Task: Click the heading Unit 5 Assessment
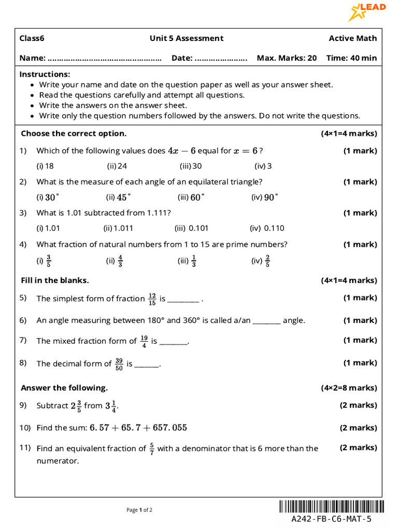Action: tap(187, 38)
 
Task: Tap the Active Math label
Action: tap(353, 38)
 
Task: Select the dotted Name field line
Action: tap(104, 58)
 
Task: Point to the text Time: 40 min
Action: tap(351, 58)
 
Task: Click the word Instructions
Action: tap(45, 74)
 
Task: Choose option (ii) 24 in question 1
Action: tap(117, 166)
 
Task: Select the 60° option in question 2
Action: tap(191, 197)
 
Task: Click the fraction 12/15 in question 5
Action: tap(152, 299)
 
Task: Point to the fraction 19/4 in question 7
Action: tap(144, 341)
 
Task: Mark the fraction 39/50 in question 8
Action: tap(119, 364)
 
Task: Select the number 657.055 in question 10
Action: tap(168, 428)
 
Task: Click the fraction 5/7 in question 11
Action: tap(152, 449)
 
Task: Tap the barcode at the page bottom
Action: tap(332, 507)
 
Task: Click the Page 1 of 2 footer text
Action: tap(139, 510)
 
